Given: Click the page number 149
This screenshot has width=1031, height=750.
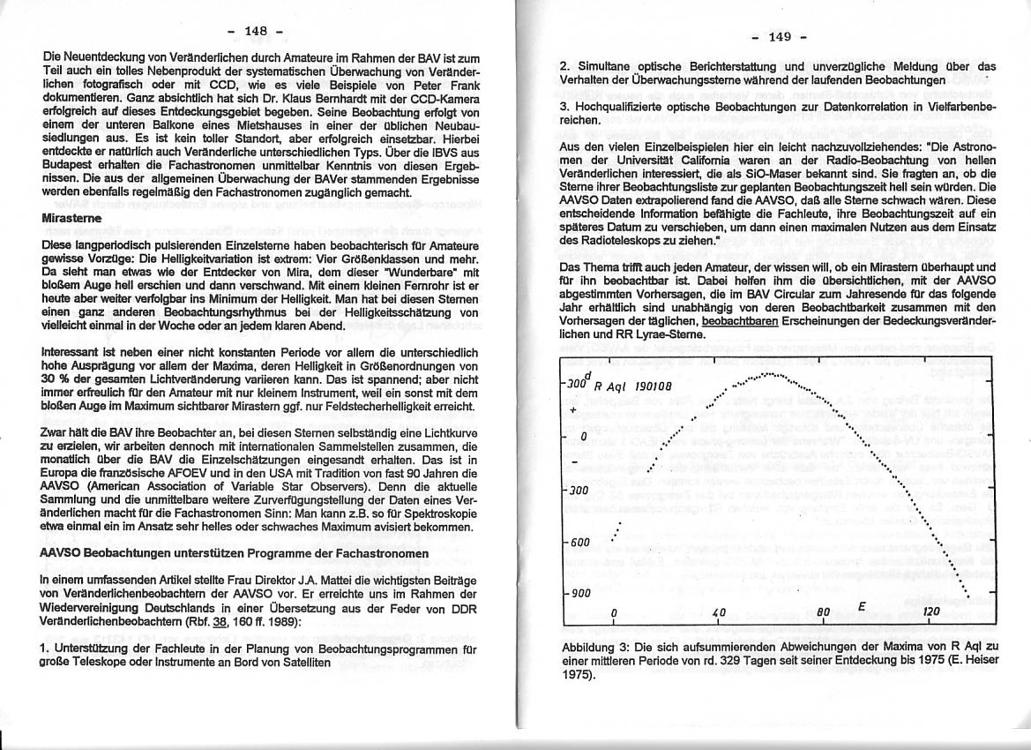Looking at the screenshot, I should click(x=780, y=36).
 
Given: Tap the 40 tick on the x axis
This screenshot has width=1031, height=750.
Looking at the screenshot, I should click(x=718, y=611).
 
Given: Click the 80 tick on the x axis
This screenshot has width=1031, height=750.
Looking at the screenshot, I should click(x=824, y=611).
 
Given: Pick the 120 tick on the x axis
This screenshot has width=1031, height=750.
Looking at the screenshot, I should click(x=931, y=611).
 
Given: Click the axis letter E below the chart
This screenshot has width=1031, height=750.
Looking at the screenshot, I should click(x=862, y=606).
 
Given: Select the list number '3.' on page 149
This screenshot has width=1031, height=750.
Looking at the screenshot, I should click(x=566, y=106).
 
